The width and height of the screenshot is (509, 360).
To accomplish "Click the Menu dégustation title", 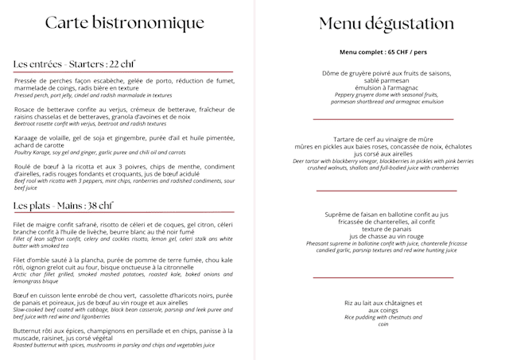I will (387, 24).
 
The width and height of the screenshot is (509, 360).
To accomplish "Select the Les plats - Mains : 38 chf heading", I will (63, 206).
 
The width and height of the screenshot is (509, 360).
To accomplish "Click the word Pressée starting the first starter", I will (28, 81).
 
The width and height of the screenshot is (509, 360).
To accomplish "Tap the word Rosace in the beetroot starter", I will (27, 109).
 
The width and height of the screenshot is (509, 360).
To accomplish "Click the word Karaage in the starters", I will (29, 137).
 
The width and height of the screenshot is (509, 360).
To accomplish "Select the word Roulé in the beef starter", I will (25, 167).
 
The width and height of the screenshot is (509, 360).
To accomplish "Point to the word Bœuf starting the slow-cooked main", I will (22, 295).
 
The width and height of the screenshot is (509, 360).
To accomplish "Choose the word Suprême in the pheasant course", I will (344, 215).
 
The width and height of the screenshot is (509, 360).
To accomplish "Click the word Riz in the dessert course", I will (350, 302).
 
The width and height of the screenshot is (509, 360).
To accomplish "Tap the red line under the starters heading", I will (123, 72).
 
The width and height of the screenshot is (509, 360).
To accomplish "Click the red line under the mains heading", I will (123, 213).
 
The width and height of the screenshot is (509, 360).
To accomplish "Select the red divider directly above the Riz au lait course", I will (383, 277).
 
